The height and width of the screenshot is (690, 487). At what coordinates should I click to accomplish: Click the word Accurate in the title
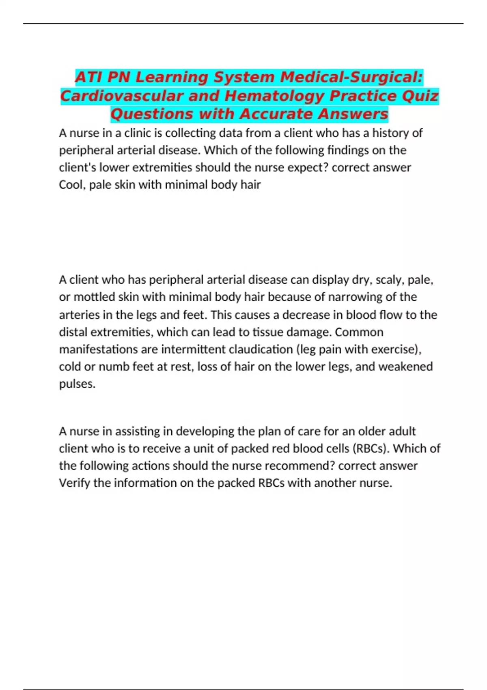click(276, 114)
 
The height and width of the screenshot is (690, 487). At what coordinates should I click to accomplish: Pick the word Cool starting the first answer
click(71, 185)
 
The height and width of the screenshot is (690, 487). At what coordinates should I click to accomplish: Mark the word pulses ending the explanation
click(77, 384)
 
